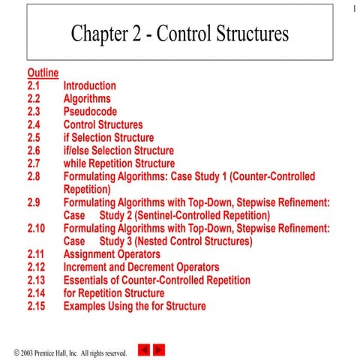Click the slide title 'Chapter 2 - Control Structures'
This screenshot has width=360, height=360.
point(179,34)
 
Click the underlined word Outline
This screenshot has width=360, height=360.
point(43,73)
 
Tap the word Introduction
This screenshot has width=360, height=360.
point(89,85)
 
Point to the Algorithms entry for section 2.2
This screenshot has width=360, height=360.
point(86,98)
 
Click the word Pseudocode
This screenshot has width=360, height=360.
point(90,112)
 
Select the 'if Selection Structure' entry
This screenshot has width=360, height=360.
point(108,137)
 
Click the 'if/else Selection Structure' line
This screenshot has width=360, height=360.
point(118,151)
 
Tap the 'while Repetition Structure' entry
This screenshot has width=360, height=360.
point(118,163)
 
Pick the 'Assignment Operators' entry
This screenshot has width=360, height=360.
point(112,254)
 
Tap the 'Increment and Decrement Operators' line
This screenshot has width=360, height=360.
point(141,267)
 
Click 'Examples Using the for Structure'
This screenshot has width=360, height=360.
point(134,306)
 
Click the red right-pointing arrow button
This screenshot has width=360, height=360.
point(159,349)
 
